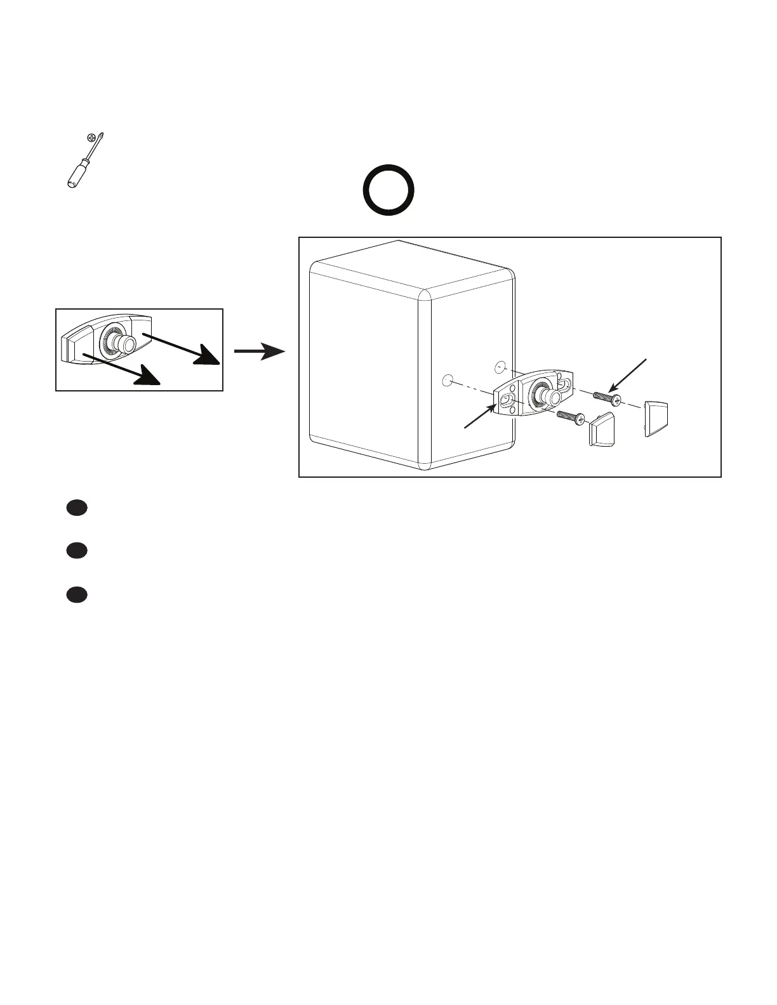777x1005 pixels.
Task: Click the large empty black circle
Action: pos(388,190)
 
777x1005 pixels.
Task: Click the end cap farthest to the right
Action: pos(656,417)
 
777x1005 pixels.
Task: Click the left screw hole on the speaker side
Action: pos(446,381)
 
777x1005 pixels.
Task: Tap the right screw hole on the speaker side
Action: pos(500,367)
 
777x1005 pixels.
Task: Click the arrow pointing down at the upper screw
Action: pos(628,374)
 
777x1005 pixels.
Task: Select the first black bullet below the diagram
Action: pos(76,508)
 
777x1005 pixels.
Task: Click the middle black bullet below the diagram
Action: pos(76,551)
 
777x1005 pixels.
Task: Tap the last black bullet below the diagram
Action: pos(76,594)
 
